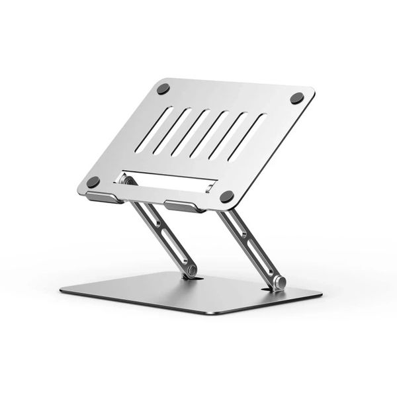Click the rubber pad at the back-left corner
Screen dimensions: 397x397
[163, 89]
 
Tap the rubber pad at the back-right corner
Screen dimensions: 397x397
[297, 98]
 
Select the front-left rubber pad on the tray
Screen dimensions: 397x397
[93, 181]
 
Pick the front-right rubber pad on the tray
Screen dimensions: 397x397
[227, 196]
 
